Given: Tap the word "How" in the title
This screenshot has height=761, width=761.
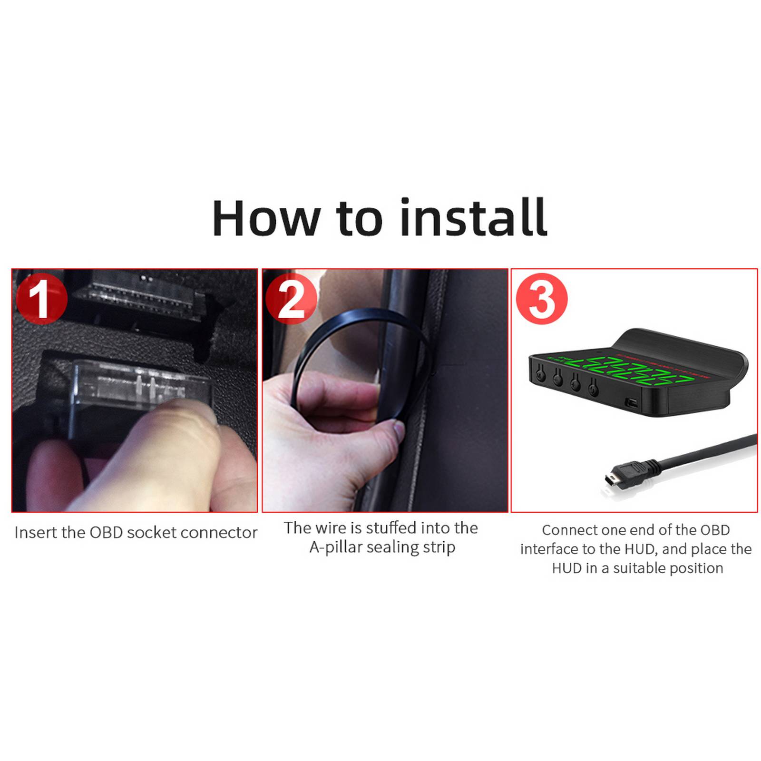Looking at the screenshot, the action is pyautogui.click(x=266, y=218).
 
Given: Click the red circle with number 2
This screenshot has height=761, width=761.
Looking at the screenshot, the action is pyautogui.click(x=291, y=299).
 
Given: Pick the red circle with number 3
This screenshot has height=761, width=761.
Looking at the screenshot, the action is pyautogui.click(x=542, y=299).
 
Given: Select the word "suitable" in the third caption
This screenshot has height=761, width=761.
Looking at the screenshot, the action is pyautogui.click(x=642, y=568).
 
